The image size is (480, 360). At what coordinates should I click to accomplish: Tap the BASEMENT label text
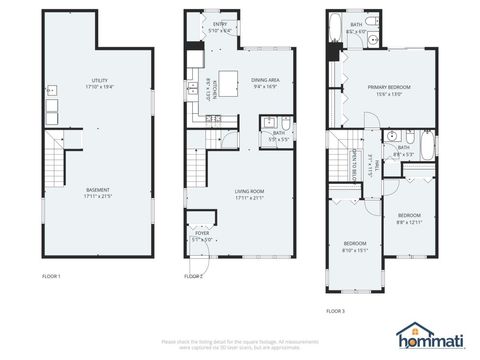pos(97,189)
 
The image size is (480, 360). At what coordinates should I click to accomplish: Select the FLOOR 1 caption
pos(51,276)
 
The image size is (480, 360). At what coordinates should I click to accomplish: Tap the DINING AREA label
pos(265,80)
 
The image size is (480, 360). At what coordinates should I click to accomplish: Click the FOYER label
pos(202,235)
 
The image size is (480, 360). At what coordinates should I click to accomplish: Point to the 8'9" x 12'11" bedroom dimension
pos(409,221)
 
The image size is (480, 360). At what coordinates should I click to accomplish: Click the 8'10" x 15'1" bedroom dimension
pos(356,249)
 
